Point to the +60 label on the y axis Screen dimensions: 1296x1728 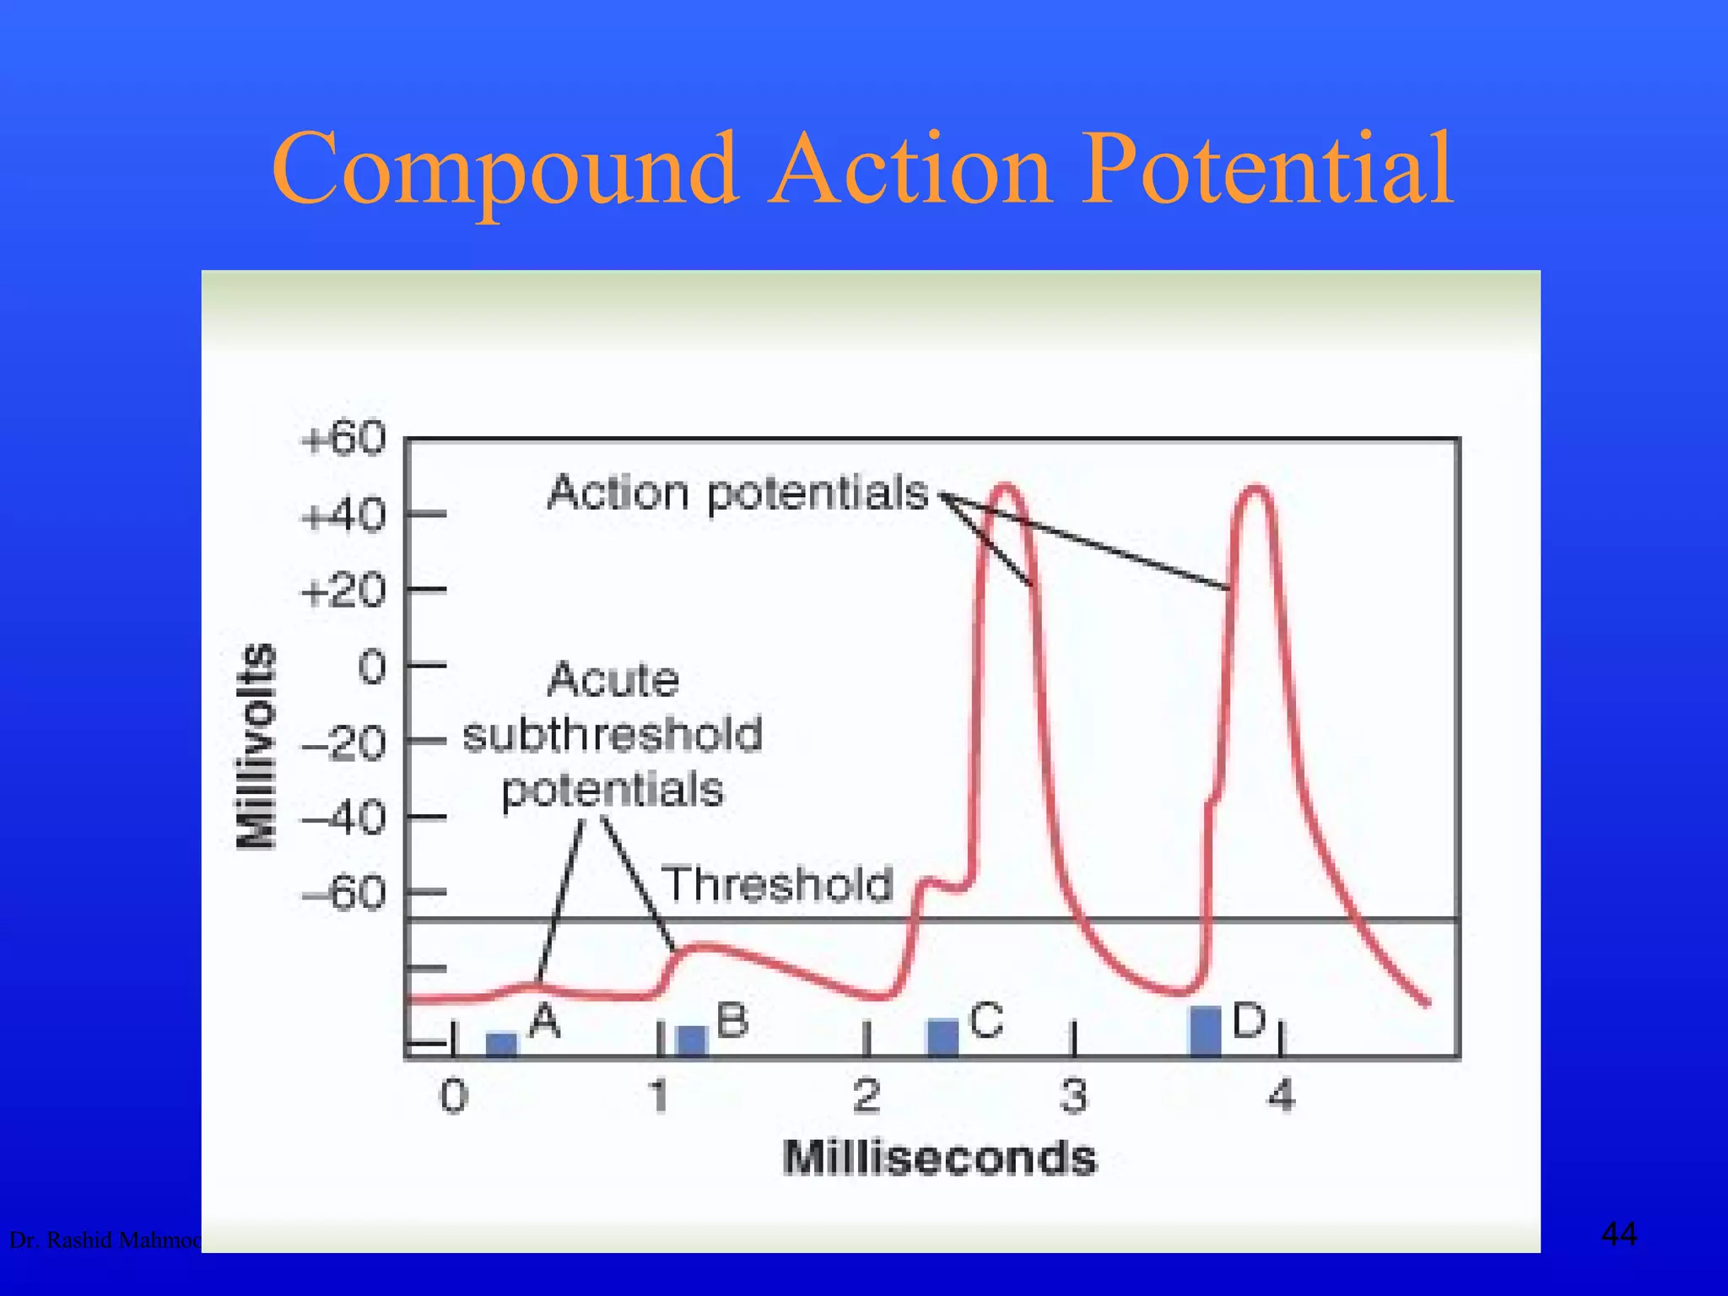[344, 440]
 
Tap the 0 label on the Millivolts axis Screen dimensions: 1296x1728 [372, 667]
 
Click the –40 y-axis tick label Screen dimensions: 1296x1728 [344, 818]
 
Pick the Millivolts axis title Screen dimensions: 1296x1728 [256, 745]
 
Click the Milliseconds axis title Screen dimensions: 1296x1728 [939, 1158]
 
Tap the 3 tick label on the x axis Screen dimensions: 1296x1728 [1074, 1096]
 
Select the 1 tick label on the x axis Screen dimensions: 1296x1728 [660, 1096]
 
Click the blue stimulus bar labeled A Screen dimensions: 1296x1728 [502, 1044]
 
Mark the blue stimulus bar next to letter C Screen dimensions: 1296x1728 [942, 1037]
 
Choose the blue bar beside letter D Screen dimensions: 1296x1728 [1205, 1030]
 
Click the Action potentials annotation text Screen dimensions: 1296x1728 [737, 493]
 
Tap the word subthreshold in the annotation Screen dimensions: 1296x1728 [613, 734]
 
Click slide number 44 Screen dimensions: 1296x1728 [1618, 1234]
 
